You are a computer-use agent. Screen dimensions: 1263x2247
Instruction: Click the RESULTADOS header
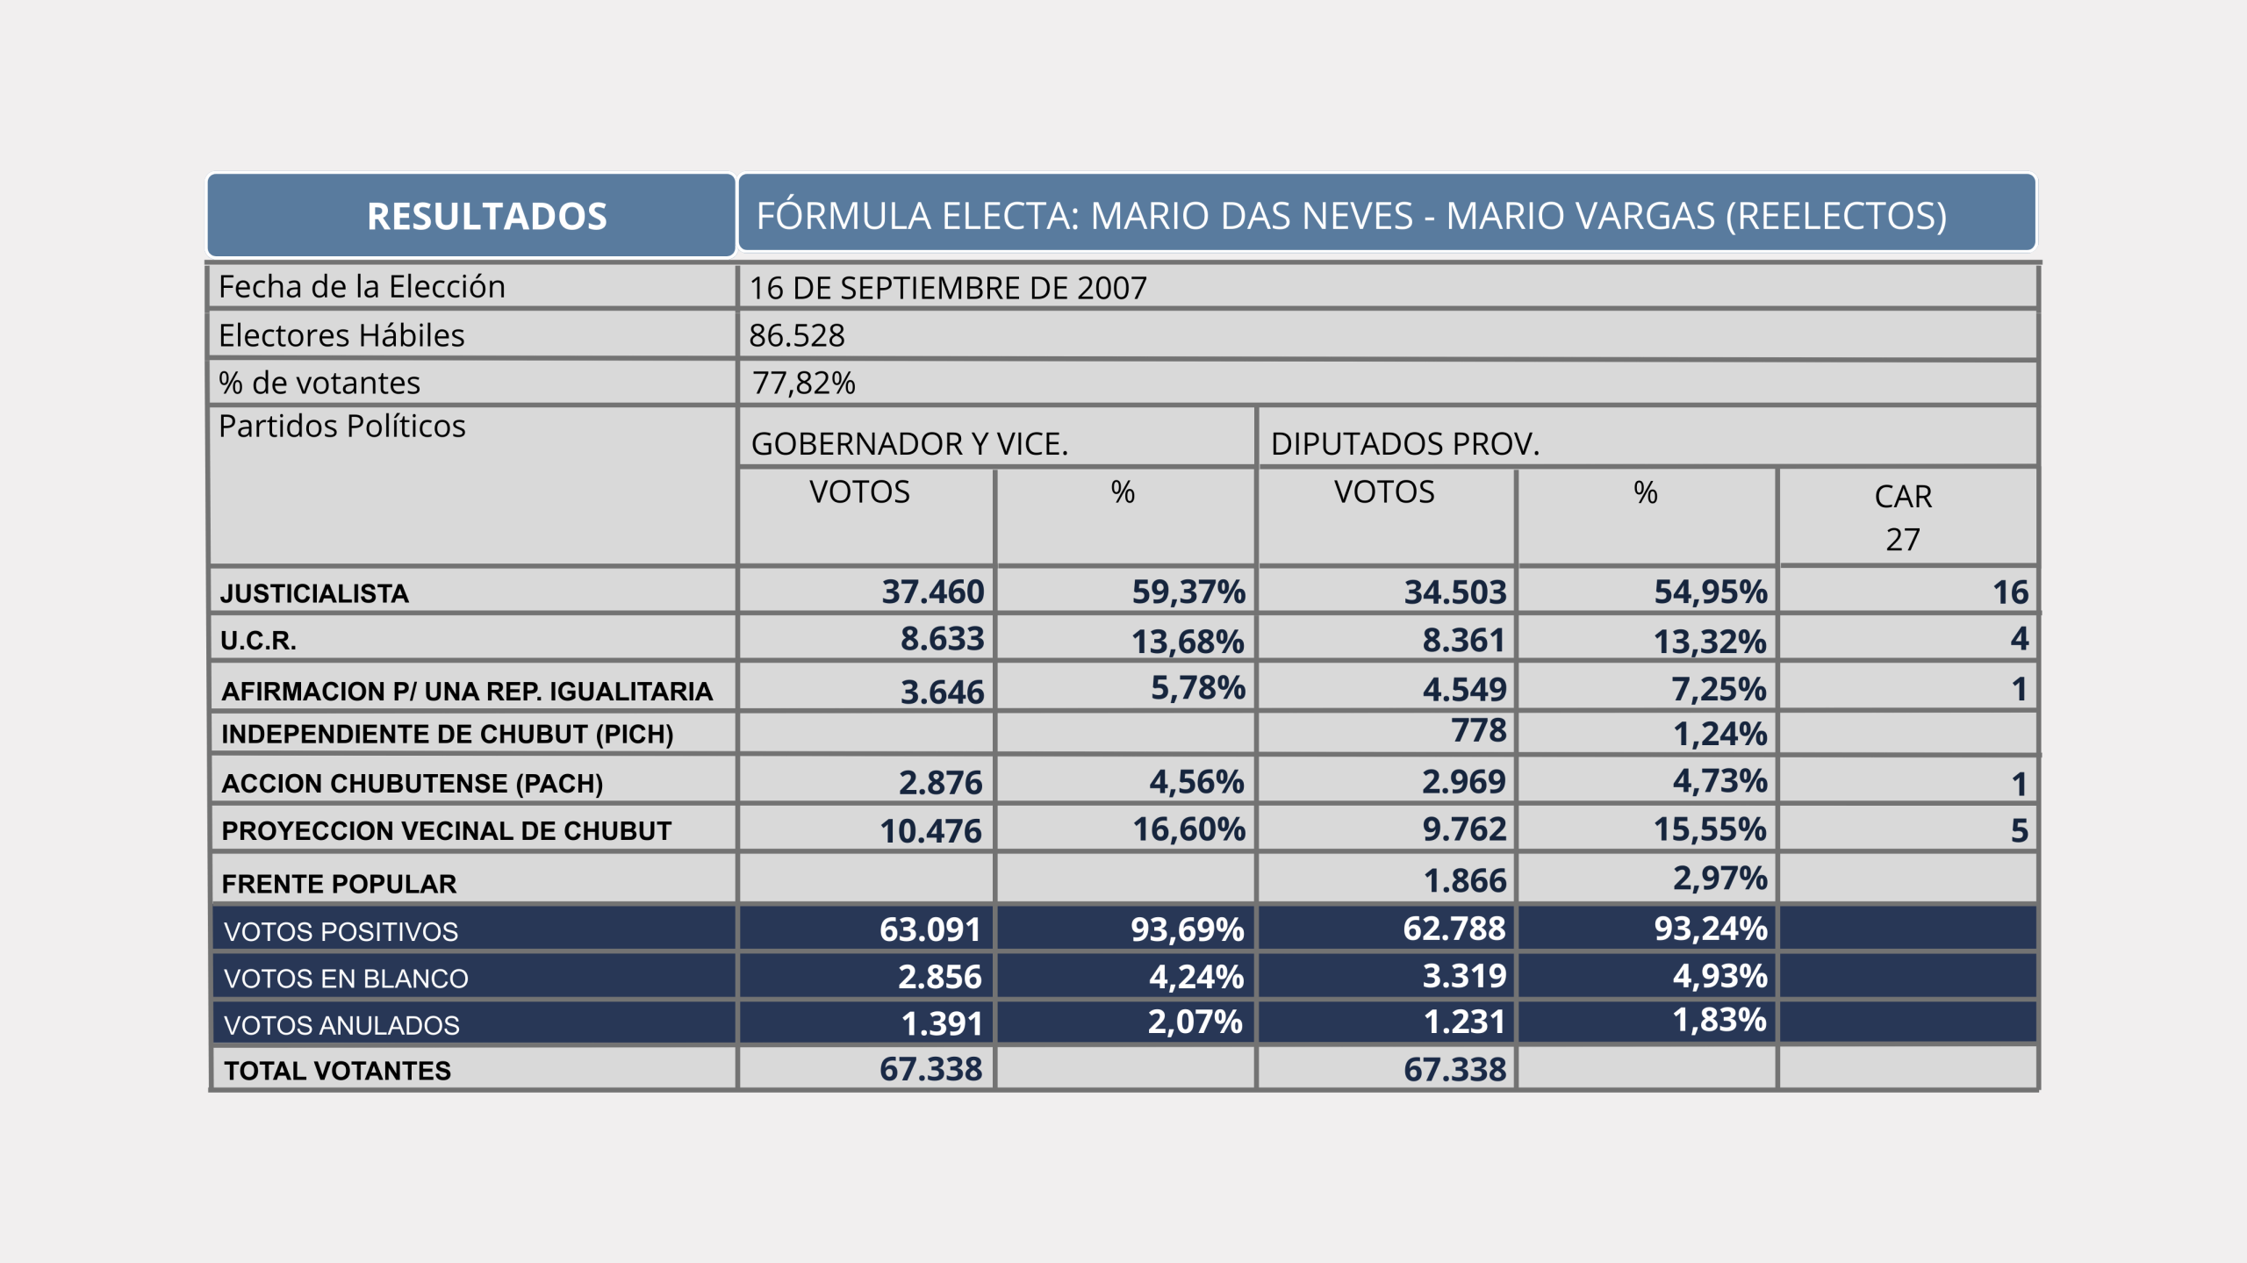[487, 216]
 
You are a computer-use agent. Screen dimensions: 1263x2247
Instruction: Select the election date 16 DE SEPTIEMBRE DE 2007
[948, 288]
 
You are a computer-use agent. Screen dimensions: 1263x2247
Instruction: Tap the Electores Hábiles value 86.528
[797, 335]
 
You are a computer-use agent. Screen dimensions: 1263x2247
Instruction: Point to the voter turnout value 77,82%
[803, 383]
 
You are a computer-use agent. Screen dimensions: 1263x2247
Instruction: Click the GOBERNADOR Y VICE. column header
[909, 443]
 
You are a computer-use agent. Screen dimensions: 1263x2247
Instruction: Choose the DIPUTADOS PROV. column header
[1405, 443]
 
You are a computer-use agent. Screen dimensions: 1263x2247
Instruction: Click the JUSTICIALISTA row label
[314, 593]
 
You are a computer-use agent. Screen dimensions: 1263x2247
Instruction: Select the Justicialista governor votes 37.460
[932, 592]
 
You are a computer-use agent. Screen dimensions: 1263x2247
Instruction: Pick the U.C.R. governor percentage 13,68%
[1187, 641]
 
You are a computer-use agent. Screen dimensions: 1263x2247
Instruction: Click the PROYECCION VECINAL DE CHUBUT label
[446, 830]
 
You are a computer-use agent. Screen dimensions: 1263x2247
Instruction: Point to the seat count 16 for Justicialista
[2010, 592]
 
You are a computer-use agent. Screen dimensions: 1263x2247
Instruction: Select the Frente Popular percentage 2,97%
[1719, 878]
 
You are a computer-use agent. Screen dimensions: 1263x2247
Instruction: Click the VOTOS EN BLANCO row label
[346, 978]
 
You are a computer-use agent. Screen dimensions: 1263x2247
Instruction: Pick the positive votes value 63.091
[930, 929]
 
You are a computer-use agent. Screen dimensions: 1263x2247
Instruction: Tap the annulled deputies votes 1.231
[1463, 1022]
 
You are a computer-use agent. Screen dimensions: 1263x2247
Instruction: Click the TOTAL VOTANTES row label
[337, 1070]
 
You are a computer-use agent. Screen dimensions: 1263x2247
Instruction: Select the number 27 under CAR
[1902, 539]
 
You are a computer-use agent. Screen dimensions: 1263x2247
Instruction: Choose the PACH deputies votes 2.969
[1463, 781]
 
